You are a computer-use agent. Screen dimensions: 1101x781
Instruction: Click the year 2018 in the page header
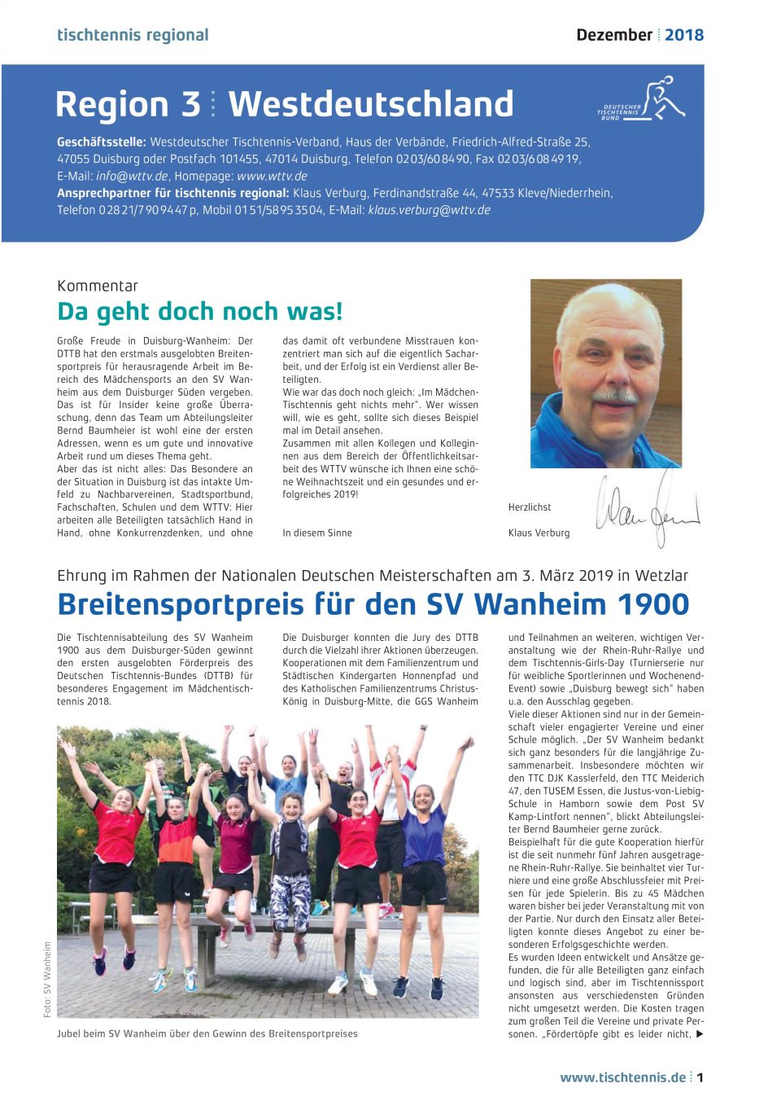tap(683, 35)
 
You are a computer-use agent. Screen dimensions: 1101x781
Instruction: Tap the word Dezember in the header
tap(614, 35)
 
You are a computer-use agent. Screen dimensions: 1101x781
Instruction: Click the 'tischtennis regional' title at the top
tap(133, 35)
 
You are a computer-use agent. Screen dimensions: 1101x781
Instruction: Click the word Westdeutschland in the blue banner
tap(370, 104)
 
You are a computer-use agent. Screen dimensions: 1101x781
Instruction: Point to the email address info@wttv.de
tap(132, 176)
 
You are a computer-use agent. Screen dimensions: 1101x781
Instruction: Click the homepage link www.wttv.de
tap(272, 176)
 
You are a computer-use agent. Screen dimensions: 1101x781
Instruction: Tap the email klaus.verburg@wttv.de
tap(429, 210)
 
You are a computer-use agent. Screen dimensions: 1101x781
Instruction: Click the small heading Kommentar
tap(98, 286)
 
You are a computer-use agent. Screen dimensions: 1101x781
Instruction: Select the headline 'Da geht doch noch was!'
tap(200, 312)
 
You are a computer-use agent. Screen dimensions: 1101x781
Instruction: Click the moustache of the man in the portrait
tap(614, 397)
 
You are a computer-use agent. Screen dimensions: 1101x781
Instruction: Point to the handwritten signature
tap(647, 509)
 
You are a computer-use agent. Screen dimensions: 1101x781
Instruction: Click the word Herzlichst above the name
tap(530, 507)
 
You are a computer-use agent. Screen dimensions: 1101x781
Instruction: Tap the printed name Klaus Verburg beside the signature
tap(539, 533)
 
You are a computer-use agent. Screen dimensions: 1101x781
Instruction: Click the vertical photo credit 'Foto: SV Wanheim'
tap(47, 980)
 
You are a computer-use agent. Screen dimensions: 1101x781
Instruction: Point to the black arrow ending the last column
tap(700, 1034)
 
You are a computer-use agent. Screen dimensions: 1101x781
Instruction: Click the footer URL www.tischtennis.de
tap(622, 1077)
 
